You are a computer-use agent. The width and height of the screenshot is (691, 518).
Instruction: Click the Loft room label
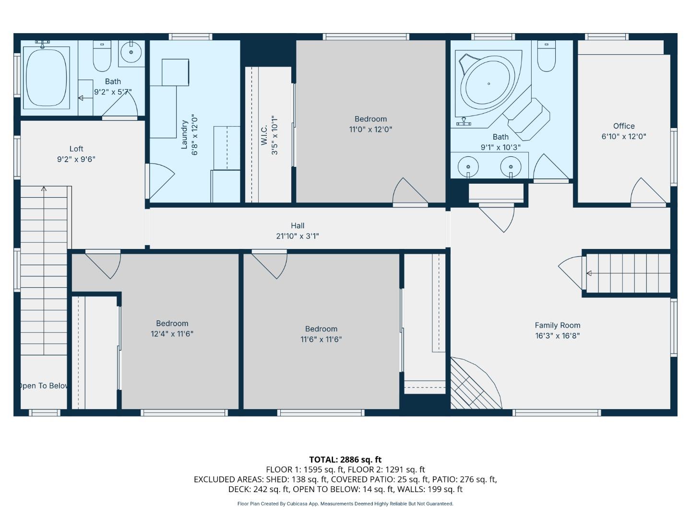pyautogui.click(x=76, y=149)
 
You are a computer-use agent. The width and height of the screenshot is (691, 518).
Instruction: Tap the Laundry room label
pyautogui.click(x=184, y=134)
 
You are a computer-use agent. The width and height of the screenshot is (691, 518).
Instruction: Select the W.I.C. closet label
pyautogui.click(x=264, y=134)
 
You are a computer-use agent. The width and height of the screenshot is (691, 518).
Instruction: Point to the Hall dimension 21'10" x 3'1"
pyautogui.click(x=298, y=236)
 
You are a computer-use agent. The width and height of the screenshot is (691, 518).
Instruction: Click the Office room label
pyautogui.click(x=624, y=126)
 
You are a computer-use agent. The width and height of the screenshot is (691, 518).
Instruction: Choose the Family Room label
pyautogui.click(x=558, y=325)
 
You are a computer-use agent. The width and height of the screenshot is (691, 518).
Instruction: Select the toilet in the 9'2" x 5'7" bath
pyautogui.click(x=102, y=56)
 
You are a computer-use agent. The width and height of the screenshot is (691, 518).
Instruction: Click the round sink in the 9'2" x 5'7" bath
pyautogui.click(x=131, y=52)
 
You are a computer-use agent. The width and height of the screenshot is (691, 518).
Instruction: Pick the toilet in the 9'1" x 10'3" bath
pyautogui.click(x=546, y=57)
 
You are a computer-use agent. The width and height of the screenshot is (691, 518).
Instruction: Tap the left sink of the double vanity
pyautogui.click(x=468, y=167)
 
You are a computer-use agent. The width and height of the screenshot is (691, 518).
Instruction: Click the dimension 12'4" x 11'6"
pyautogui.click(x=172, y=334)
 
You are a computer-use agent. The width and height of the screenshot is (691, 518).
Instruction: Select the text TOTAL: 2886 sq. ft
pyautogui.click(x=345, y=459)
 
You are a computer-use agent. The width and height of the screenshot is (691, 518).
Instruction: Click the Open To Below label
pyautogui.click(x=43, y=386)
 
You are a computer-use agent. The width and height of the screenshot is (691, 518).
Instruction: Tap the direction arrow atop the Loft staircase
pyautogui.click(x=44, y=189)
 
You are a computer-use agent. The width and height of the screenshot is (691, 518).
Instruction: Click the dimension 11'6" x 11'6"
pyautogui.click(x=321, y=339)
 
